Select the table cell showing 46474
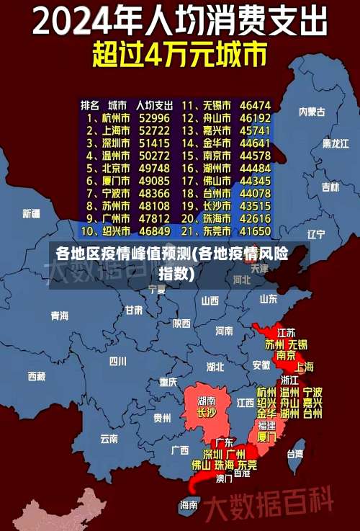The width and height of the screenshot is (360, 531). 256,104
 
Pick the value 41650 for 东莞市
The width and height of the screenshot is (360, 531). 256,231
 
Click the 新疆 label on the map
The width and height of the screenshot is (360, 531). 31,213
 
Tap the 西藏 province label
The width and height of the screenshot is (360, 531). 36,376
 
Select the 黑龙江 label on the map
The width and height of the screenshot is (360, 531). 335,143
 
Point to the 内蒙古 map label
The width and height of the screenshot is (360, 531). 312,112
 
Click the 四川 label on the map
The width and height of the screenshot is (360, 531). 117,361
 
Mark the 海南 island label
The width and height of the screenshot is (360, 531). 189,505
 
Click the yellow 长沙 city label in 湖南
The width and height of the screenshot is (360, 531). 207,413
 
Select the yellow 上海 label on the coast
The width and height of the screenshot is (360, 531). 304,367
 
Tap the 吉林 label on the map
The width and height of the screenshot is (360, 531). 330,187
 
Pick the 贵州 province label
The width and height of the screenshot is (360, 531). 162,417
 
